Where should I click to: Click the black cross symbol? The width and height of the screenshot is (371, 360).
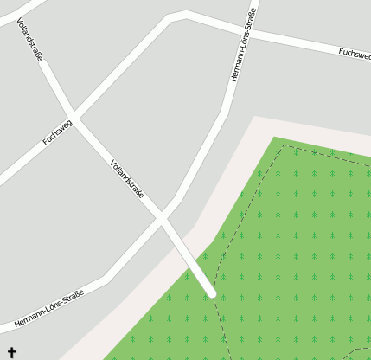[11, 352]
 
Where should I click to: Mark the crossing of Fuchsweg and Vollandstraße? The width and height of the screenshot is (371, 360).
[74, 116]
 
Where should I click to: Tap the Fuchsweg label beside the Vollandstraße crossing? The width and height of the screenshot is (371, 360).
[58, 132]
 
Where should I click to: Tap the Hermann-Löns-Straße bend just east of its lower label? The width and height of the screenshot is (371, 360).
[106, 279]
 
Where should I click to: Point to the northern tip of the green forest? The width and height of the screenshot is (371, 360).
[275, 138]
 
